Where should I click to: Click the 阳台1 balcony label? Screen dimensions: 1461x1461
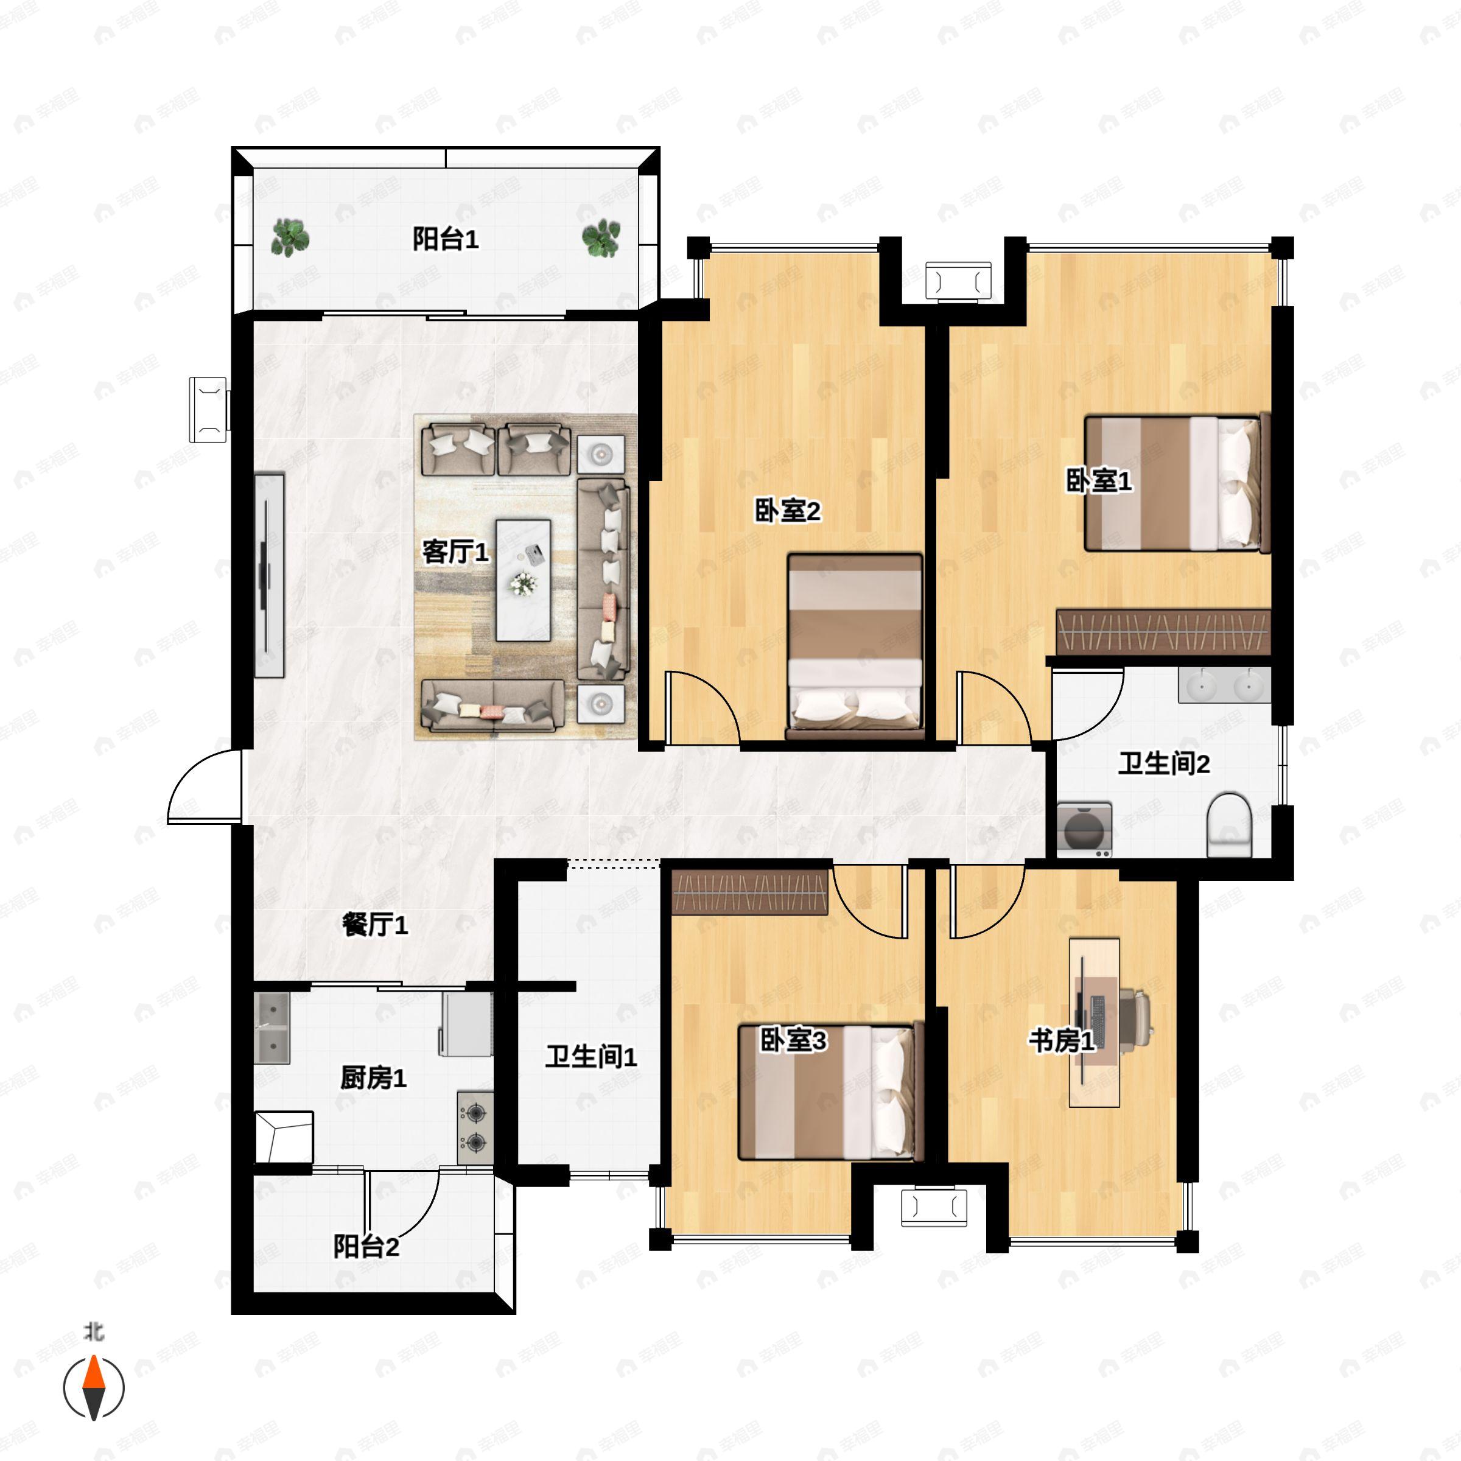(x=446, y=240)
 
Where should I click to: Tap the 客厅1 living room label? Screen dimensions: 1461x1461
(x=455, y=553)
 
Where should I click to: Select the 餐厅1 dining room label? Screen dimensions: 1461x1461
(x=375, y=924)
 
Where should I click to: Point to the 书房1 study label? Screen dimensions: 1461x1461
(x=1061, y=1042)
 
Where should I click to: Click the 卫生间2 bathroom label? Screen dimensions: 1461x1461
(x=1164, y=764)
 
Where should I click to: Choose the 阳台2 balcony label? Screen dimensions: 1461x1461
(x=366, y=1246)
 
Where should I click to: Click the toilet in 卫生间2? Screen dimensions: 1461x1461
(x=1230, y=825)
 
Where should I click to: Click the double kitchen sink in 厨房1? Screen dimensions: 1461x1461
(x=272, y=1028)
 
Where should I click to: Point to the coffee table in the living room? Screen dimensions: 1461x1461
(x=522, y=580)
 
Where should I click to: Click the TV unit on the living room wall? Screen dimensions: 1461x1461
(x=268, y=576)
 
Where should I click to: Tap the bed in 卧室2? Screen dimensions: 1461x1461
(x=855, y=647)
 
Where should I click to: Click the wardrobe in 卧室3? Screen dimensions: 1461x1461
(x=749, y=892)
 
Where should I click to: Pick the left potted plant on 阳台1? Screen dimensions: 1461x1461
(x=290, y=237)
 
